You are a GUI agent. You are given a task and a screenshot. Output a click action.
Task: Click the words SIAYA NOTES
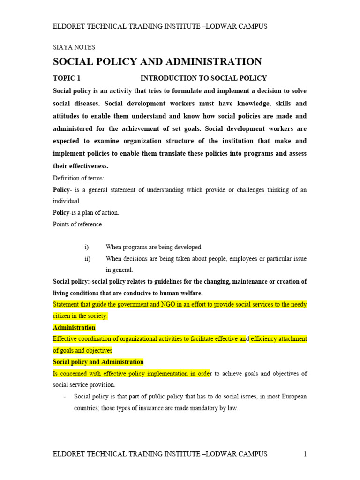tap(74, 47)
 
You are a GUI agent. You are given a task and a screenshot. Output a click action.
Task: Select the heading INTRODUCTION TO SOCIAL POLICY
tap(203, 78)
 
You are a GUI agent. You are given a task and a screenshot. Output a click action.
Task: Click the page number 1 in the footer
tap(305, 454)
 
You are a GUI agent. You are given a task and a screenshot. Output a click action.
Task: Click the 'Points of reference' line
tap(77, 224)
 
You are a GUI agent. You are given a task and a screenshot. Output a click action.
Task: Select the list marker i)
tap(86, 247)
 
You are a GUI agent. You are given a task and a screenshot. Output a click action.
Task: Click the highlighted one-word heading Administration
tap(74, 327)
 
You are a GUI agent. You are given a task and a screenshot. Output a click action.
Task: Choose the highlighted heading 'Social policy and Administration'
tap(98, 362)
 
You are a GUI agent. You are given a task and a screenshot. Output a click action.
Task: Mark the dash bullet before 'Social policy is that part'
tap(64, 397)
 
